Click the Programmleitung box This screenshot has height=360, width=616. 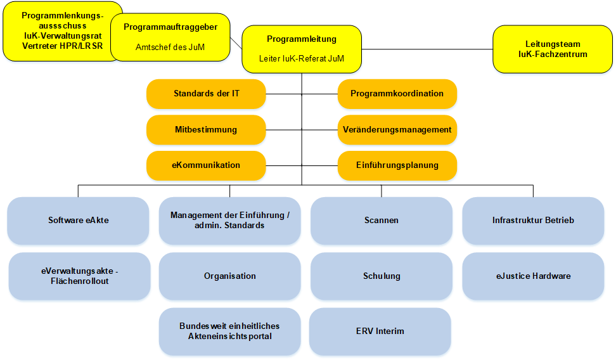302,48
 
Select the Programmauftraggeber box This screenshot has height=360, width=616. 170,37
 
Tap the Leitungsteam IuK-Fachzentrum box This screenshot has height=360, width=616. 553,49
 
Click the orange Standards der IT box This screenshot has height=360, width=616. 206,94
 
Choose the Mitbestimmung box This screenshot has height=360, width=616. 206,130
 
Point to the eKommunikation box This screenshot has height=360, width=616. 206,165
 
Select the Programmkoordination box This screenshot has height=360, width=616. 397,94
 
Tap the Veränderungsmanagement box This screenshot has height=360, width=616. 397,130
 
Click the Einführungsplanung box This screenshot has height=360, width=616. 397,165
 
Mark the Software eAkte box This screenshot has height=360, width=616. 78,221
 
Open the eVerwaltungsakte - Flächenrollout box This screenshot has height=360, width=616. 78,276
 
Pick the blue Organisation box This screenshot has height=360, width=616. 229,276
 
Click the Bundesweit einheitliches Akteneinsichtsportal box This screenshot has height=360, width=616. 229,331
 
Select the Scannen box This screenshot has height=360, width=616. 381,221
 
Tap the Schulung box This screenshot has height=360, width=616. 381,276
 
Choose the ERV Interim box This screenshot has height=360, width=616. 380,331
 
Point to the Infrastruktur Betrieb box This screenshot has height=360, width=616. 533,221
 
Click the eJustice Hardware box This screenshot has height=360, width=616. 533,276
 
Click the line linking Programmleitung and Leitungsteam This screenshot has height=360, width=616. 427,49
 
